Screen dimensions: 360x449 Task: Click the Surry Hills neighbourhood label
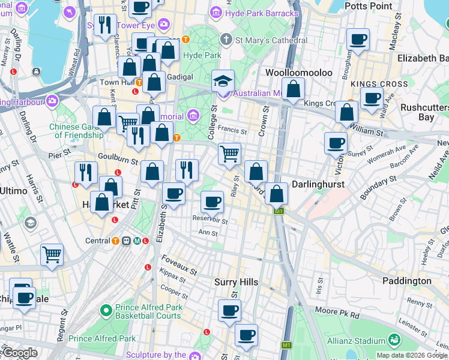click(x=237, y=282)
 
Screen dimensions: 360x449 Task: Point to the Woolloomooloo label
click(x=298, y=72)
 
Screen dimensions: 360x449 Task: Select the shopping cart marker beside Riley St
click(x=229, y=154)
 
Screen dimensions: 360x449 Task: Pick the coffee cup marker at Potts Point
click(x=358, y=40)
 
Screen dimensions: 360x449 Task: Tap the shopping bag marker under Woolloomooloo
click(x=293, y=89)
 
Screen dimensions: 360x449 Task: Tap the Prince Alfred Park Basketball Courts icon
click(x=106, y=310)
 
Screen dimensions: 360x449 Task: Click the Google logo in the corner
click(x=20, y=353)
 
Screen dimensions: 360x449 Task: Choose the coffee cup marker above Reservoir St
click(x=211, y=202)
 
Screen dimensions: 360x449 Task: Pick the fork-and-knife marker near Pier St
click(x=86, y=173)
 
